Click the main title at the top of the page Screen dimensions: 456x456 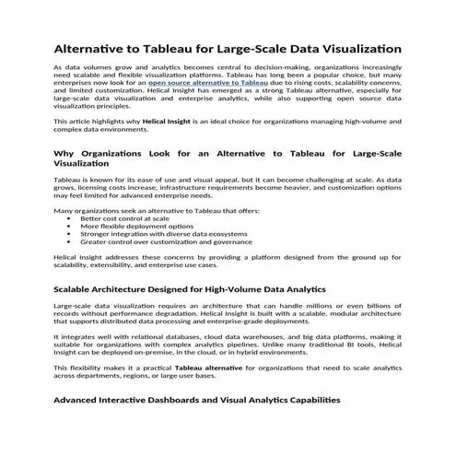(x=227, y=46)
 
